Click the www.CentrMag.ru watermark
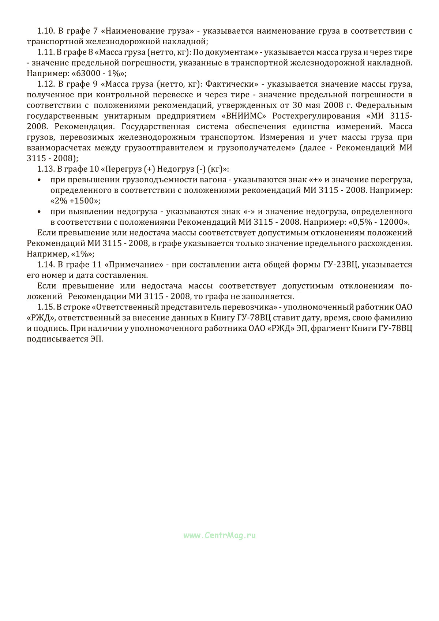219,535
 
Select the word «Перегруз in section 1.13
121,169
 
